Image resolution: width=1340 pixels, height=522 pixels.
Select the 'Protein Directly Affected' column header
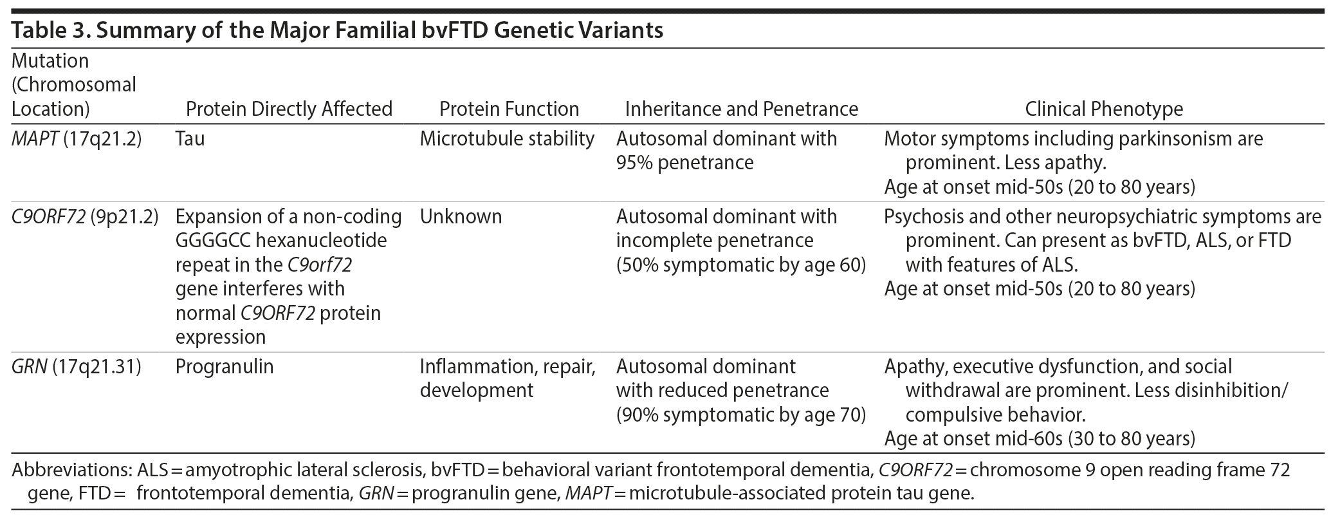(x=289, y=109)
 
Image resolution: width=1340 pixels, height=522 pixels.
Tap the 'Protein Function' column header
(x=509, y=109)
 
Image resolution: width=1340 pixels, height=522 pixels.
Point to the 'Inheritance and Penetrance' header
(x=741, y=109)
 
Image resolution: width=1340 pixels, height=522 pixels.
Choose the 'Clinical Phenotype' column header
(x=1104, y=109)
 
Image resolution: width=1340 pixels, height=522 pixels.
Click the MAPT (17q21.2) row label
(x=77, y=139)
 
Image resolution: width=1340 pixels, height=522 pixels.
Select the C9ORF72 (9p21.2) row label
(x=85, y=217)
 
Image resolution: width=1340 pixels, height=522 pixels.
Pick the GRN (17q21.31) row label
(x=76, y=367)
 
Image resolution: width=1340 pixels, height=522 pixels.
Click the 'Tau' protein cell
(x=190, y=139)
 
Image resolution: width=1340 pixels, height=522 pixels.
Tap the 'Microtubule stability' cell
(x=507, y=139)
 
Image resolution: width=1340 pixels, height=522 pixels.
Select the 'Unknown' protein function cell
(x=461, y=217)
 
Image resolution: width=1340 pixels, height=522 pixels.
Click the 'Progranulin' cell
(x=225, y=367)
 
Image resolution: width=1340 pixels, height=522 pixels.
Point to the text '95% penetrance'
(x=684, y=163)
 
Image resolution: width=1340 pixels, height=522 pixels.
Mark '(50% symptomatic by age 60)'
(x=741, y=265)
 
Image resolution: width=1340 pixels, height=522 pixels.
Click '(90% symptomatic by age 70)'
(x=741, y=415)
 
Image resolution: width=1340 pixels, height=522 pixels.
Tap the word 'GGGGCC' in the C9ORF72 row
(x=217, y=241)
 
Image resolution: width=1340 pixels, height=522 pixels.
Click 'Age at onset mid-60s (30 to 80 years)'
(x=1040, y=439)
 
